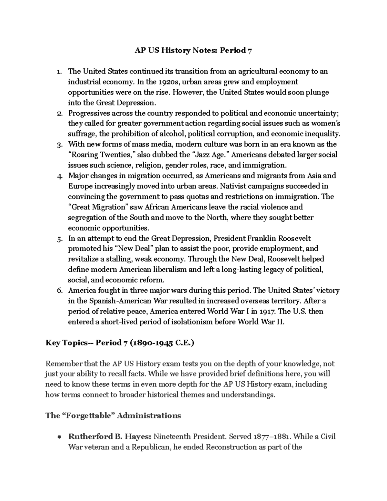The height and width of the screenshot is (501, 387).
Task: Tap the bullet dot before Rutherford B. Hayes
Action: (59, 437)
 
